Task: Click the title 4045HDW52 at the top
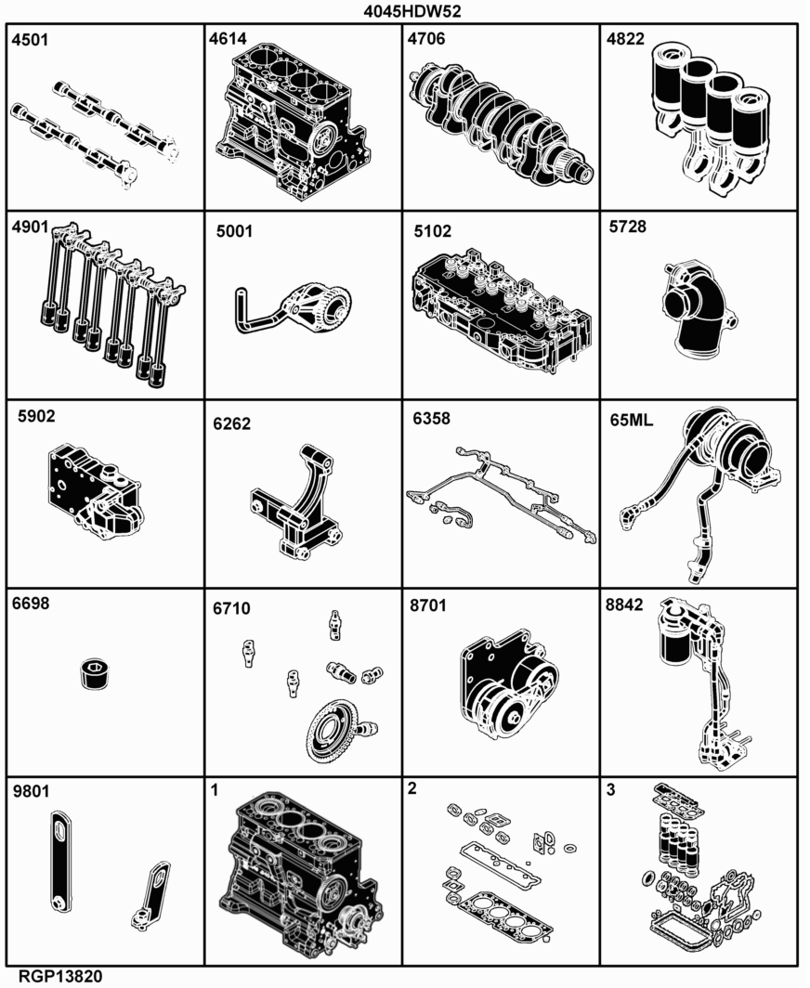click(412, 11)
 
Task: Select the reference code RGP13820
click(59, 977)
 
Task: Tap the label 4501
click(30, 40)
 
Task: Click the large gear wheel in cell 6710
click(334, 732)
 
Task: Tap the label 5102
click(433, 231)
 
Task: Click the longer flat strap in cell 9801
click(59, 861)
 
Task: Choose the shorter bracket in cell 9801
click(152, 895)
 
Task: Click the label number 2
click(412, 788)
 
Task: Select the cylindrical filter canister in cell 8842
click(676, 637)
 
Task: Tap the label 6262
click(231, 423)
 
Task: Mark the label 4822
click(625, 39)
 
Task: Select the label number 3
click(610, 789)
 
